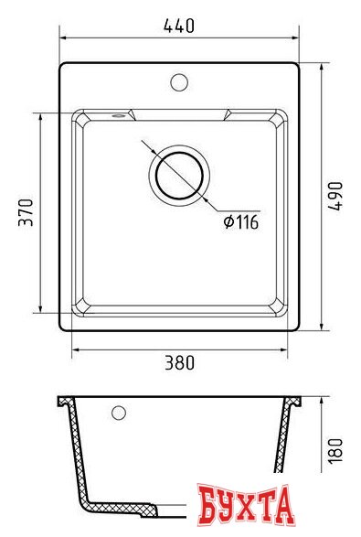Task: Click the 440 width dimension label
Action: pyautogui.click(x=179, y=26)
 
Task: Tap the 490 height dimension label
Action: pyautogui.click(x=335, y=196)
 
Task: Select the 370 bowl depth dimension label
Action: pyautogui.click(x=26, y=212)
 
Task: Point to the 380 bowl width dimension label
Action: pyautogui.click(x=180, y=362)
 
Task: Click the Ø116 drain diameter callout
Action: pyautogui.click(x=241, y=222)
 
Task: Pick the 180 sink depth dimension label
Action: pyautogui.click(x=335, y=450)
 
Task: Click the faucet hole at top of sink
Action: pyautogui.click(x=179, y=82)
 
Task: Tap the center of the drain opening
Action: pyautogui.click(x=179, y=176)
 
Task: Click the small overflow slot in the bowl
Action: pyautogui.click(x=118, y=116)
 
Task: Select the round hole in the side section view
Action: pyautogui.click(x=119, y=413)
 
